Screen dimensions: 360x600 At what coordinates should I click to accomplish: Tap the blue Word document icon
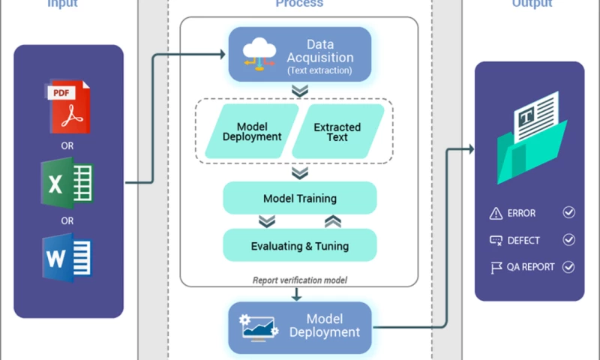pyautogui.click(x=67, y=258)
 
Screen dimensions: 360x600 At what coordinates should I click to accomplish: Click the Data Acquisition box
pyautogui.click(x=300, y=54)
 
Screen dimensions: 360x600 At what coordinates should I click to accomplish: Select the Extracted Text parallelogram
pyautogui.click(x=337, y=132)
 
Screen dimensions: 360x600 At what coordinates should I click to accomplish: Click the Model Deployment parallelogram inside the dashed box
pyautogui.click(x=251, y=132)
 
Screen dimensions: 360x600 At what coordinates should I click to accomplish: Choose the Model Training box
pyautogui.click(x=300, y=199)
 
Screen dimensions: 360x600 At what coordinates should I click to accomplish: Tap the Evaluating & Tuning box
pyautogui.click(x=300, y=246)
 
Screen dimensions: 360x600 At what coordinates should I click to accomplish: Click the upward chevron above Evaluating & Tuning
pyautogui.click(x=333, y=221)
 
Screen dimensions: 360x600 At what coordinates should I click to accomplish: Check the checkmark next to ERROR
pyautogui.click(x=568, y=213)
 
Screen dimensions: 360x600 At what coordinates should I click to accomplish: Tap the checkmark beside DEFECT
pyautogui.click(x=568, y=240)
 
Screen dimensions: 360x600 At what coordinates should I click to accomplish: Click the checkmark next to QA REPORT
pyautogui.click(x=568, y=267)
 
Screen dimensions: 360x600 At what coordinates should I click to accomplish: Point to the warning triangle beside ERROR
pyautogui.click(x=495, y=214)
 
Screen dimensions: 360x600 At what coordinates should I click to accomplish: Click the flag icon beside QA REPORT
pyautogui.click(x=495, y=267)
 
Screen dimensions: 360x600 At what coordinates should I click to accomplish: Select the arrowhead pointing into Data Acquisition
pyautogui.click(x=222, y=54)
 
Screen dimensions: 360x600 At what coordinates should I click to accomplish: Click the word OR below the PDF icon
pyautogui.click(x=67, y=146)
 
